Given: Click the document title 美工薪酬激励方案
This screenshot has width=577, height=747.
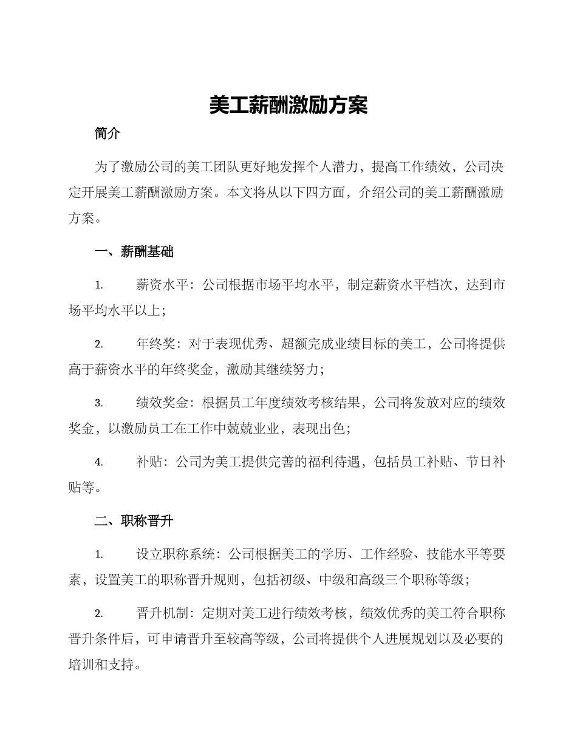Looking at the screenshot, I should click(x=288, y=106).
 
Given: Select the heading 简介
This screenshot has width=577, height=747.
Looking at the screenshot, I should click(x=108, y=134).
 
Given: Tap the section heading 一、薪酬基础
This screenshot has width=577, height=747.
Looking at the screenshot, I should click(x=134, y=252).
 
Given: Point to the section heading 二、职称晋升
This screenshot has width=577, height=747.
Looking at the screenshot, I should click(x=134, y=521).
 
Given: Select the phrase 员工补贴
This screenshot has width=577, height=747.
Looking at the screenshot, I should click(x=425, y=462).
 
